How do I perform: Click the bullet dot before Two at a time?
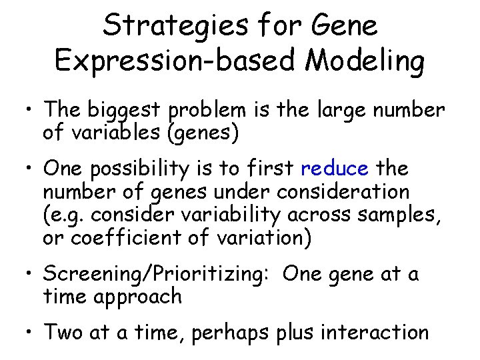point(30,332)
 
